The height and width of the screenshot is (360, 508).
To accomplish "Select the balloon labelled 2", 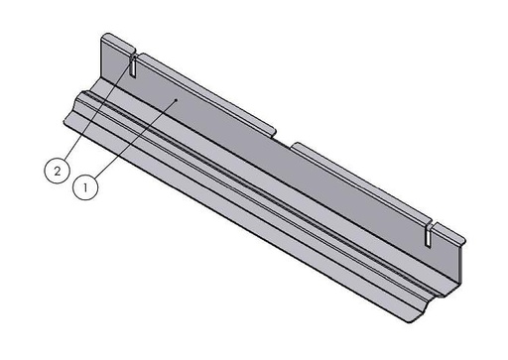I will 59,171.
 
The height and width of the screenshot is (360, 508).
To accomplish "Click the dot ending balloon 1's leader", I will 176,100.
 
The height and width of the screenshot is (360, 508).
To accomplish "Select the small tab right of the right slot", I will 448,236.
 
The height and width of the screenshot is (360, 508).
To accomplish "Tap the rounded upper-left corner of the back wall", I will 102,39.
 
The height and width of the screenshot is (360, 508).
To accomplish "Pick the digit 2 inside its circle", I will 59,171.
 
